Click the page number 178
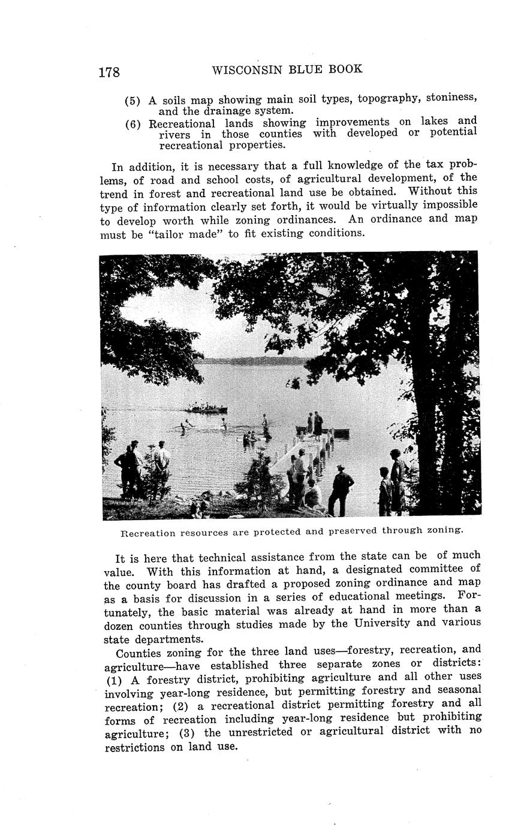[x=109, y=73]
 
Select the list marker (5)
[x=132, y=101]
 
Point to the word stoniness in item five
[x=450, y=97]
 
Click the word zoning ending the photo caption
[x=445, y=530]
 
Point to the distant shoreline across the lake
[x=252, y=361]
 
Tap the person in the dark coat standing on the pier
[x=318, y=424]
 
